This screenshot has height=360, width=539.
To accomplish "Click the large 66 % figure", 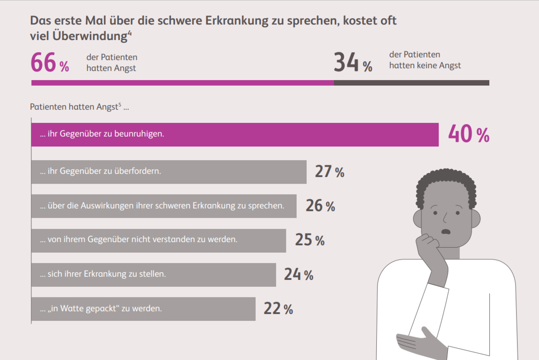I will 49,63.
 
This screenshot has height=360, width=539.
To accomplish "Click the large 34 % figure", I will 352,63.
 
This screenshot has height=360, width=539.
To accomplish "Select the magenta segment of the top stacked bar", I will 182,83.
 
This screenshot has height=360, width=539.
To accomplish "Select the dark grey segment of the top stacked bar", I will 411,83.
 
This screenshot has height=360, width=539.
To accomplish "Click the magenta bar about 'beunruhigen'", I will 234,135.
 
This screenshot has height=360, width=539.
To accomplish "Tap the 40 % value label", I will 469,135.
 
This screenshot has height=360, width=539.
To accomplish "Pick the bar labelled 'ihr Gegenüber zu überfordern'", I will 169,172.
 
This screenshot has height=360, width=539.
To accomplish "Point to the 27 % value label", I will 329,172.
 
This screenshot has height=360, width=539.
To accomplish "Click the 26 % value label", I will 320,206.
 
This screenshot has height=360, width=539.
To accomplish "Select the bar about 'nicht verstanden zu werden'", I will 158,240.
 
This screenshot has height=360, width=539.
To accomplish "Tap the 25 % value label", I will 310,240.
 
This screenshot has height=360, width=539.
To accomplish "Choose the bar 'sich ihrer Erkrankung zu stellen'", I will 153,275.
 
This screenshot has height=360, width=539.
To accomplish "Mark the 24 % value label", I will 299,275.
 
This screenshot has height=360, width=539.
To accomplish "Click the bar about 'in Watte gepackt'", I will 143,309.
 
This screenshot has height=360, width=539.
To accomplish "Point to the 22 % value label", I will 278,309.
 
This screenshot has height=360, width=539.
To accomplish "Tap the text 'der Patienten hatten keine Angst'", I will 425,60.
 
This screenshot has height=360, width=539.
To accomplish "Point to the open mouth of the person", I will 445,232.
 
